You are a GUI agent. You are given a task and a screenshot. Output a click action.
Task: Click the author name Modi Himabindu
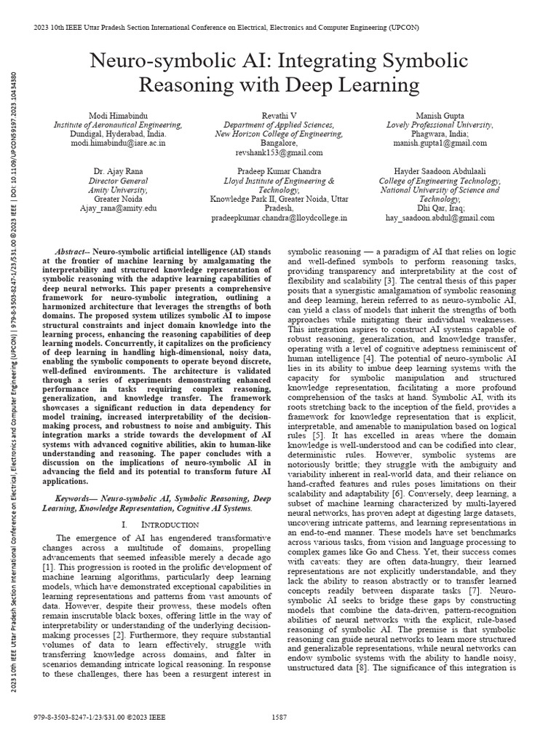[x=108, y=116]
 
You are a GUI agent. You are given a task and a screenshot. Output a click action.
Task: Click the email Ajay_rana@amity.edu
[x=108, y=208]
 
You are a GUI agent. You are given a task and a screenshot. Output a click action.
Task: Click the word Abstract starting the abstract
[x=73, y=248]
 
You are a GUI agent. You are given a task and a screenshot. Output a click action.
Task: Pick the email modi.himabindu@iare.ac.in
[x=108, y=144]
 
